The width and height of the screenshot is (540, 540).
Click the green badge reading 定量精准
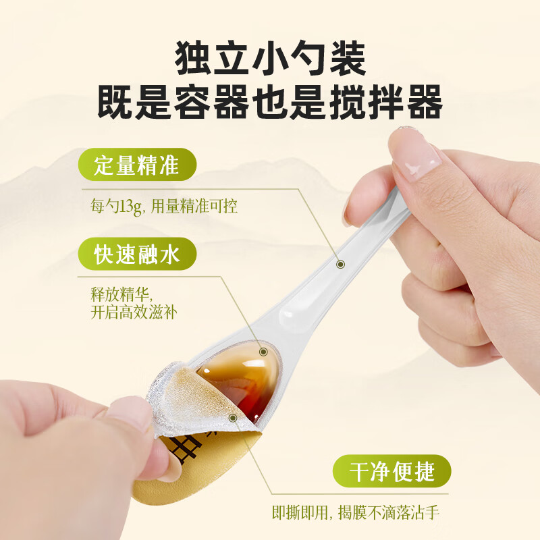click(x=136, y=166)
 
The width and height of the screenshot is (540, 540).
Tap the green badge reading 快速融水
click(x=136, y=255)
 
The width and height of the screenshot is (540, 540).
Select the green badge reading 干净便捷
click(x=392, y=470)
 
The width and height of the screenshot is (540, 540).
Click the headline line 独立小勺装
click(x=270, y=59)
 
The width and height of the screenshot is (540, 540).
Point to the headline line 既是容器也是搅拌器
click(x=270, y=103)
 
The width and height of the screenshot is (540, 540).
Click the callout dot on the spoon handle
click(x=340, y=265)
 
